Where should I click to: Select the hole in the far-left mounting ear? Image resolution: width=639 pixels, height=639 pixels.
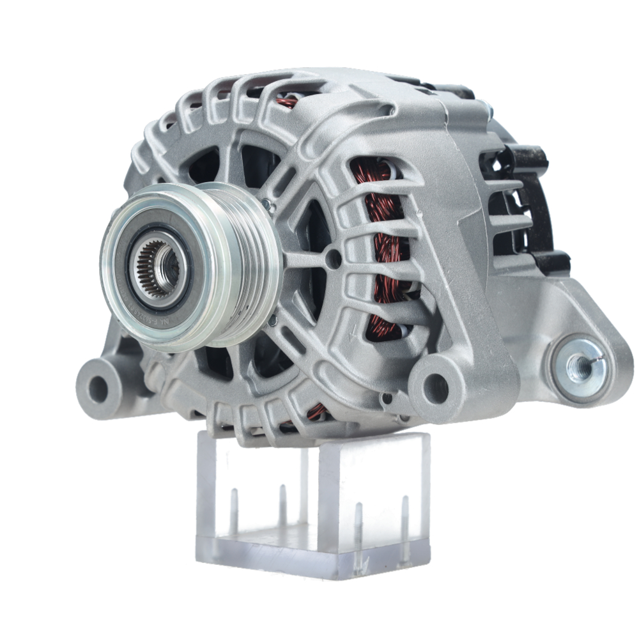point(98,385)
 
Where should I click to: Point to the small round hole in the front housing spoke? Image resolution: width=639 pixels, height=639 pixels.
point(330,258)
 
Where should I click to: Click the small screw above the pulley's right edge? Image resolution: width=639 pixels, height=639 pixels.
point(266,205)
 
